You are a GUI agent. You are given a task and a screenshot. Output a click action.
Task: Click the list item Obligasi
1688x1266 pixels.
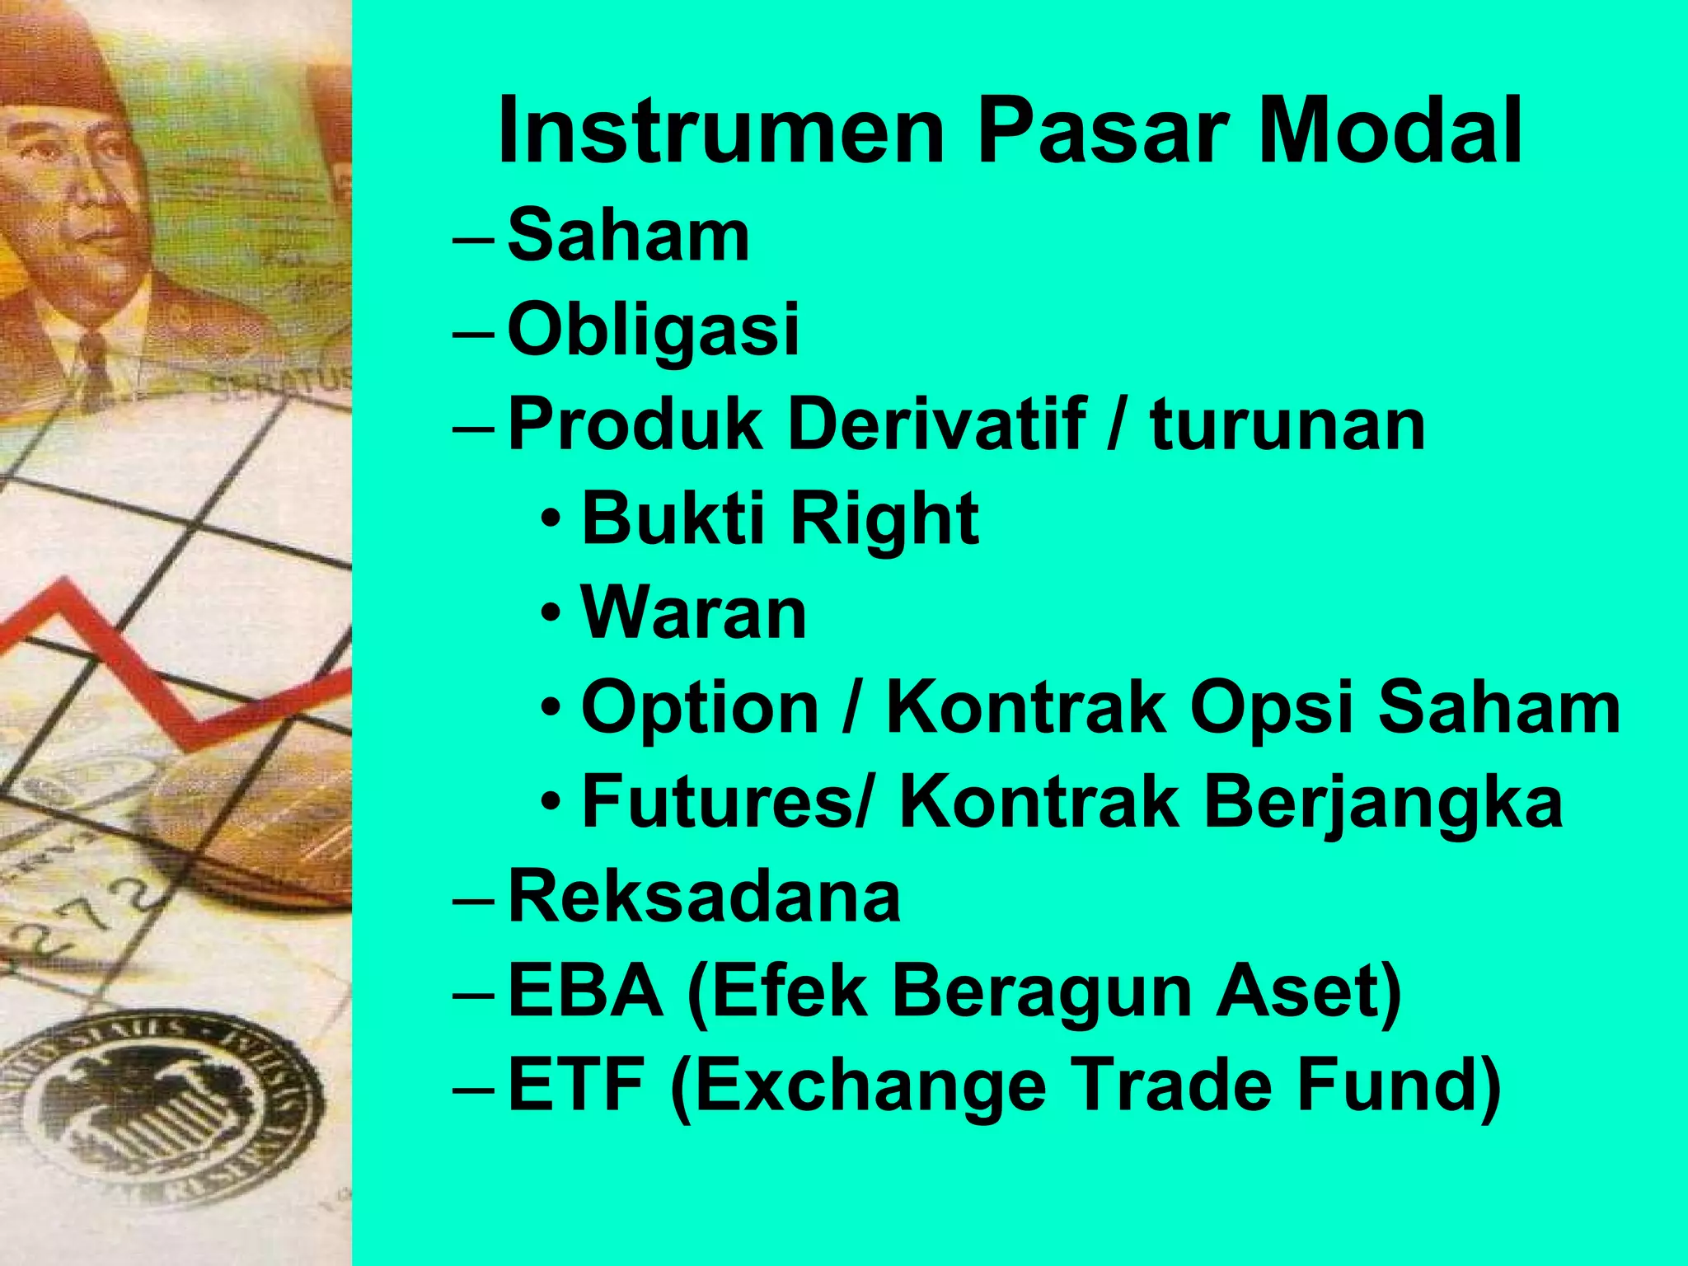point(653,330)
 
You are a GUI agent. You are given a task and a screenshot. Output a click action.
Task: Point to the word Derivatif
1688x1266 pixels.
point(936,424)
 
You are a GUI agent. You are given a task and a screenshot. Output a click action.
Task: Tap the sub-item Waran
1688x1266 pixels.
point(693,614)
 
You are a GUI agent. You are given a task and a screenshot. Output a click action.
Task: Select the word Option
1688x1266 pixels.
point(700,709)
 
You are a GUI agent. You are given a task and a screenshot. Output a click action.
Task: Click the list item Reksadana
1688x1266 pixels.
point(704,897)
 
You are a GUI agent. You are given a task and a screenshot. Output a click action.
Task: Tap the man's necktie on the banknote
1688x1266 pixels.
point(95,363)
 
